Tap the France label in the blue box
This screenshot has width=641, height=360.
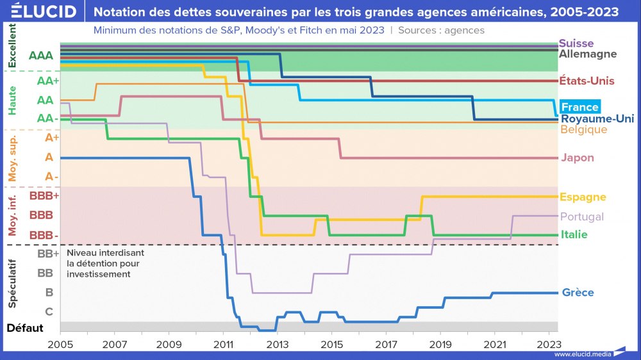coord(579,107)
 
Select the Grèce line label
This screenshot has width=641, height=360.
coord(578,293)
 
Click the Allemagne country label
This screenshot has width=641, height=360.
coord(588,54)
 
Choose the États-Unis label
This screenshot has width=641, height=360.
coord(587,81)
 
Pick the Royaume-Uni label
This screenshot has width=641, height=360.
coord(597,119)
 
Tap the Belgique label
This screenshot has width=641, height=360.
coord(583,129)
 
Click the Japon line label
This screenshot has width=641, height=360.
coord(577,158)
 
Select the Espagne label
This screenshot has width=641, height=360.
coord(582,197)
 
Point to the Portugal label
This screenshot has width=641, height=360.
coord(581,217)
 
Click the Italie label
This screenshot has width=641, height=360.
coord(573,234)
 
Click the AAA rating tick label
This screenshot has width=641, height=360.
coord(41,55)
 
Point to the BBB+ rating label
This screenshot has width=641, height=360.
coord(44,196)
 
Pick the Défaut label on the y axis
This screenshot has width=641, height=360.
coord(25,329)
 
